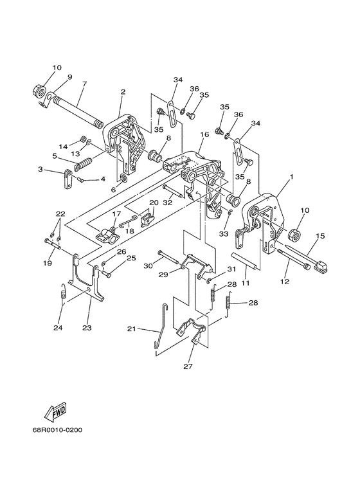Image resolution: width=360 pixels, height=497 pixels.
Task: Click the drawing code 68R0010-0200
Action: pos(57,430)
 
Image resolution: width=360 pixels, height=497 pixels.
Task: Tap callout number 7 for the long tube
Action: pos(84,84)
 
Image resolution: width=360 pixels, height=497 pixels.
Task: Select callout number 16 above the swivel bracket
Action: pos(204,135)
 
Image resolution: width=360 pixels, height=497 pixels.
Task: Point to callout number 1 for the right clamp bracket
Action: pos(291,177)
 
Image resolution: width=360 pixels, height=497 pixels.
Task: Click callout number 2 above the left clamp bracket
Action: pos(123,92)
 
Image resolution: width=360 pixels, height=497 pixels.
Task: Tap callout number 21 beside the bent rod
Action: pos(131,329)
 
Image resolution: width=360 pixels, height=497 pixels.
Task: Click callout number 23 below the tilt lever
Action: pos(87,328)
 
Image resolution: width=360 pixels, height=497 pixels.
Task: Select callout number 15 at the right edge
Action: pos(320,236)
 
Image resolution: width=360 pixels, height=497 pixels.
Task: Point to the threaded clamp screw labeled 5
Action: pos(84,164)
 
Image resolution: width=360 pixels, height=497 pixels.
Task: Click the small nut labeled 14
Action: pos(82,138)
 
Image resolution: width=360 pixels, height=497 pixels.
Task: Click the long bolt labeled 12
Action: pos(293,259)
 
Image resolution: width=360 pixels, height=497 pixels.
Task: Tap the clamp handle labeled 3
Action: pos(68,179)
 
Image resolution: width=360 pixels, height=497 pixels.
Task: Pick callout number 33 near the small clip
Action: pos(224,234)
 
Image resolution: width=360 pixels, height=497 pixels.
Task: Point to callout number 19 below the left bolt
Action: pos(48,263)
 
